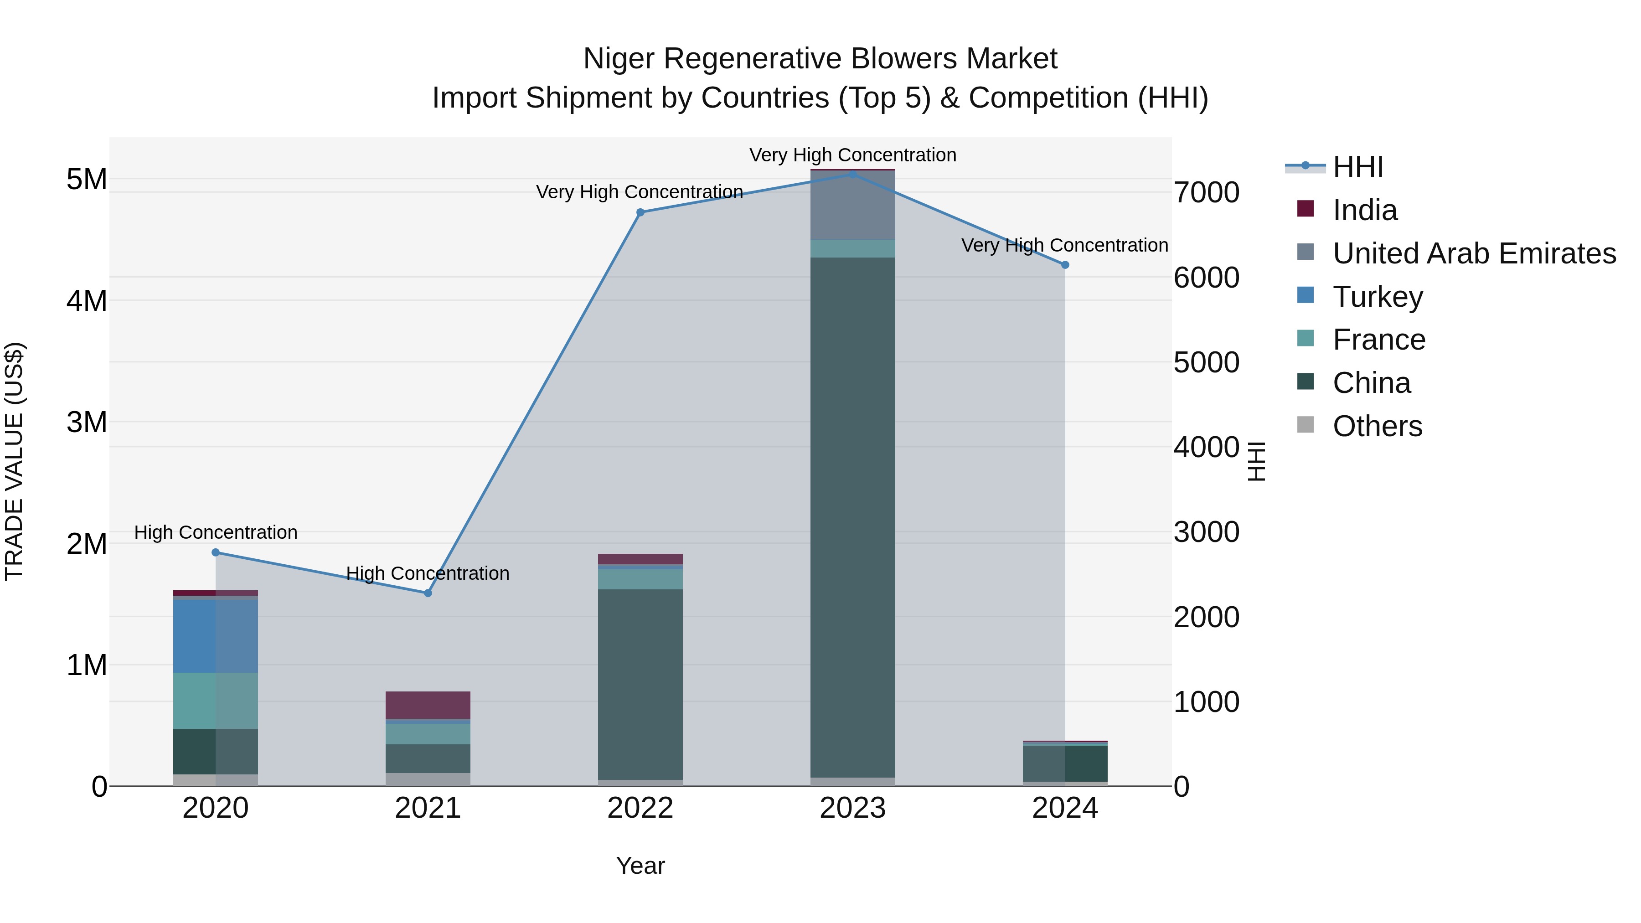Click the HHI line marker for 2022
tap(640, 212)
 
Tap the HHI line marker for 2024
tap(1064, 265)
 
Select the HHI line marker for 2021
tap(428, 593)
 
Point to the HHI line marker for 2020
tap(215, 552)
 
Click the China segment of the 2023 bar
tap(852, 516)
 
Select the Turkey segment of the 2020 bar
tap(215, 636)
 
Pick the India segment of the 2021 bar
tap(428, 705)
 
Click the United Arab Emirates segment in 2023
tap(852, 205)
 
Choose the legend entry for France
tap(1378, 340)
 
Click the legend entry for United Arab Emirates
tap(1473, 253)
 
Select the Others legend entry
tap(1377, 426)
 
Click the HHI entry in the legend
tap(1357, 167)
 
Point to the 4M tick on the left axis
tap(87, 301)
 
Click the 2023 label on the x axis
tap(852, 808)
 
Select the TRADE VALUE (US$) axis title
tap(15, 461)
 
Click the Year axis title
tap(640, 866)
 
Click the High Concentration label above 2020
tap(215, 532)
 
